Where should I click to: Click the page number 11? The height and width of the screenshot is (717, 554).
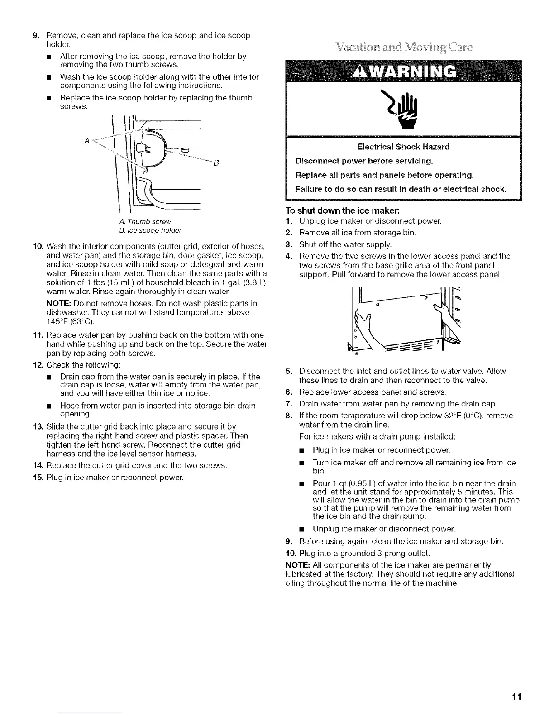pyautogui.click(x=517, y=697)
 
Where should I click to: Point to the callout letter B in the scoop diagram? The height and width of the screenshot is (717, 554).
pyautogui.click(x=216, y=163)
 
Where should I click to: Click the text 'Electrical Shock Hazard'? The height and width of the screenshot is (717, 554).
pyautogui.click(x=403, y=147)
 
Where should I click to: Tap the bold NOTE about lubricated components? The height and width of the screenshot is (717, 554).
pyautogui.click(x=296, y=565)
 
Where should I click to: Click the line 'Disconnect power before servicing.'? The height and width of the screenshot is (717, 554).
pyautogui.click(x=364, y=161)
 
